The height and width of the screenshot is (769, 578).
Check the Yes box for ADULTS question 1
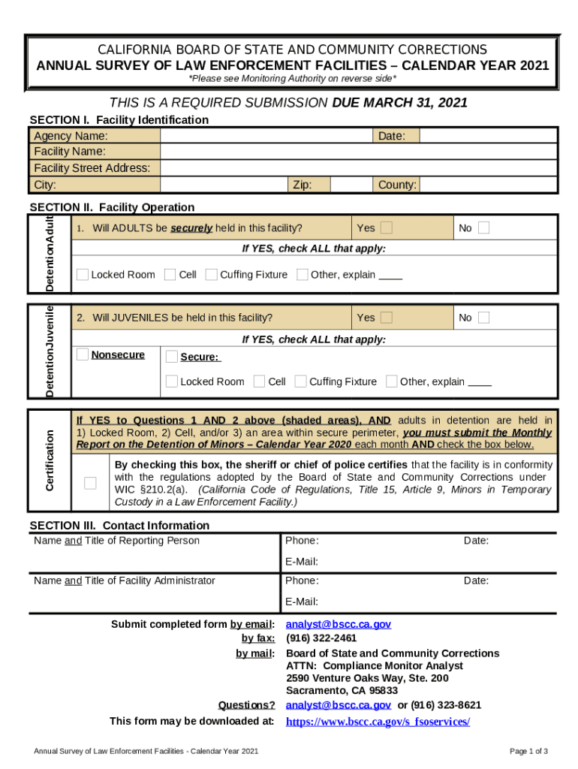(386, 228)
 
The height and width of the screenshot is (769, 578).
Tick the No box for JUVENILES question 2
(483, 318)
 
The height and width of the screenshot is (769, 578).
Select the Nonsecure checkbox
(83, 354)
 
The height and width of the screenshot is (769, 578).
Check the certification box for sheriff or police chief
(91, 483)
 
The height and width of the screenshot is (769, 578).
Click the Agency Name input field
(267, 136)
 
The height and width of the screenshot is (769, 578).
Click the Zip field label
(302, 185)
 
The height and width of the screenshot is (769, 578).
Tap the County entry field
(488, 185)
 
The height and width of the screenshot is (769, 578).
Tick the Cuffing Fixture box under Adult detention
(212, 274)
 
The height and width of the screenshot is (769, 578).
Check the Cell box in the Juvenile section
(260, 381)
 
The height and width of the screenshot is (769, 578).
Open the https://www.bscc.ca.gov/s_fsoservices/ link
(378, 722)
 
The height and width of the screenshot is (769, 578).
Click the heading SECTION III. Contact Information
(119, 525)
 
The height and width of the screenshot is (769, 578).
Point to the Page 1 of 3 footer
(528, 752)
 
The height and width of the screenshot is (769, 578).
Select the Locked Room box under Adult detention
(83, 274)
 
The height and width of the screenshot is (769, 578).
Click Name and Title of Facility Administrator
(124, 581)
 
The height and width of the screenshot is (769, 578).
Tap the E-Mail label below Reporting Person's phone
(302, 562)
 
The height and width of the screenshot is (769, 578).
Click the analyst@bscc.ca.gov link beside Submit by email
(339, 624)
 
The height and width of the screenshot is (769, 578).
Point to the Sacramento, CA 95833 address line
(342, 690)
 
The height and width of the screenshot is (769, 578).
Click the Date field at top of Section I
(488, 136)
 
